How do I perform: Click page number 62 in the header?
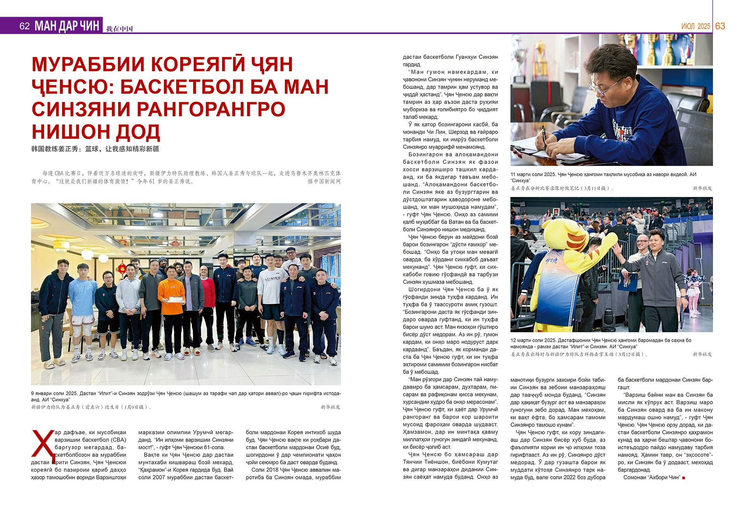coord(24,26)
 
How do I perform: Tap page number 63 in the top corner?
coord(720,26)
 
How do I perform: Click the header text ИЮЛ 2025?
coord(696,26)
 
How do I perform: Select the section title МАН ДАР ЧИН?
coord(67,26)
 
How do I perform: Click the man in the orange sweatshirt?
coord(171,295)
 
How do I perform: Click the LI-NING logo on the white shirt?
coord(272,278)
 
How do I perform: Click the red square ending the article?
coord(684,478)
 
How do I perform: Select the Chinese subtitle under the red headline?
coord(95,149)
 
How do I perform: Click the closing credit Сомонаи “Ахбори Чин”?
coord(652,477)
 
